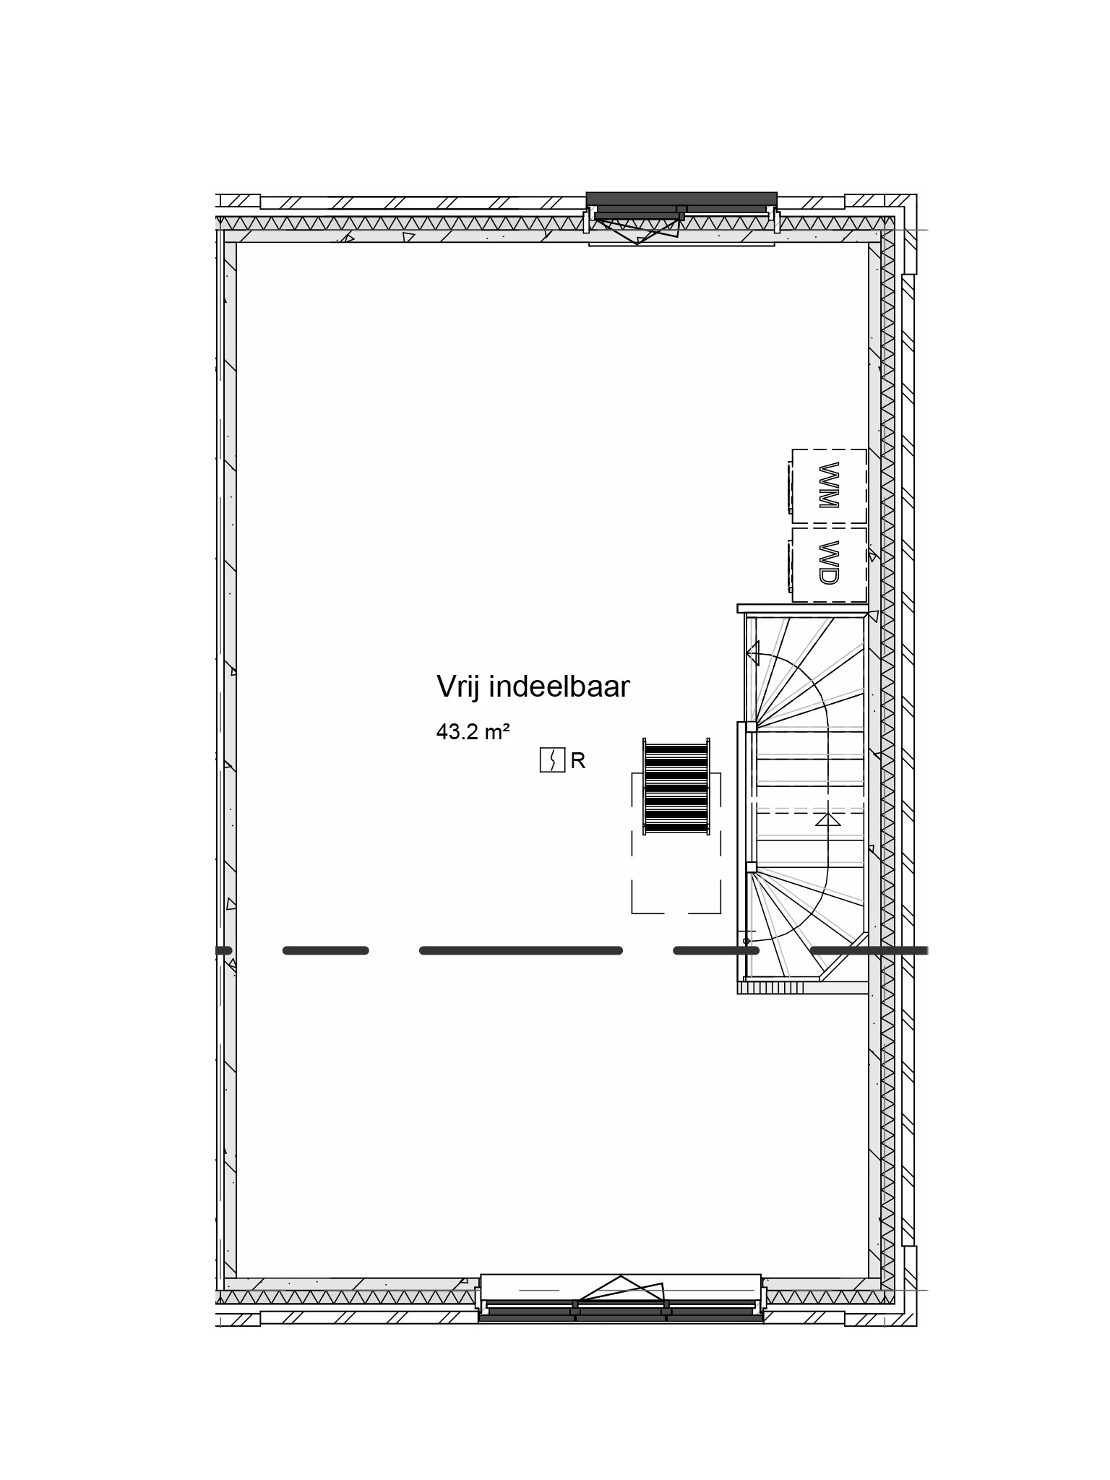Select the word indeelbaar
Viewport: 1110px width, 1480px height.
560,687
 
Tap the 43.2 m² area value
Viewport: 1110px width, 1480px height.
473,733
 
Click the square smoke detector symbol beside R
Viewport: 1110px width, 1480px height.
552,760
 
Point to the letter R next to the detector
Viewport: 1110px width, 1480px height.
578,761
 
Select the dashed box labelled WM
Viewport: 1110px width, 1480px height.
829,486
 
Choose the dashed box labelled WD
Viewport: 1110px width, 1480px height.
829,564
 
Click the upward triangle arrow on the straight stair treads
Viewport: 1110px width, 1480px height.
828,820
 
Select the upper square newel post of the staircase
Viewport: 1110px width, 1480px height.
752,726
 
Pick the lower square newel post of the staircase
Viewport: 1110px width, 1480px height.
752,867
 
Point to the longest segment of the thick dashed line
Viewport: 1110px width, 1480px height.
521,950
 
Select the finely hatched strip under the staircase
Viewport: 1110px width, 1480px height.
780,988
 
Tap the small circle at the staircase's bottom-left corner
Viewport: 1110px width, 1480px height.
747,941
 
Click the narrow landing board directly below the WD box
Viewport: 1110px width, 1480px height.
802,608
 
